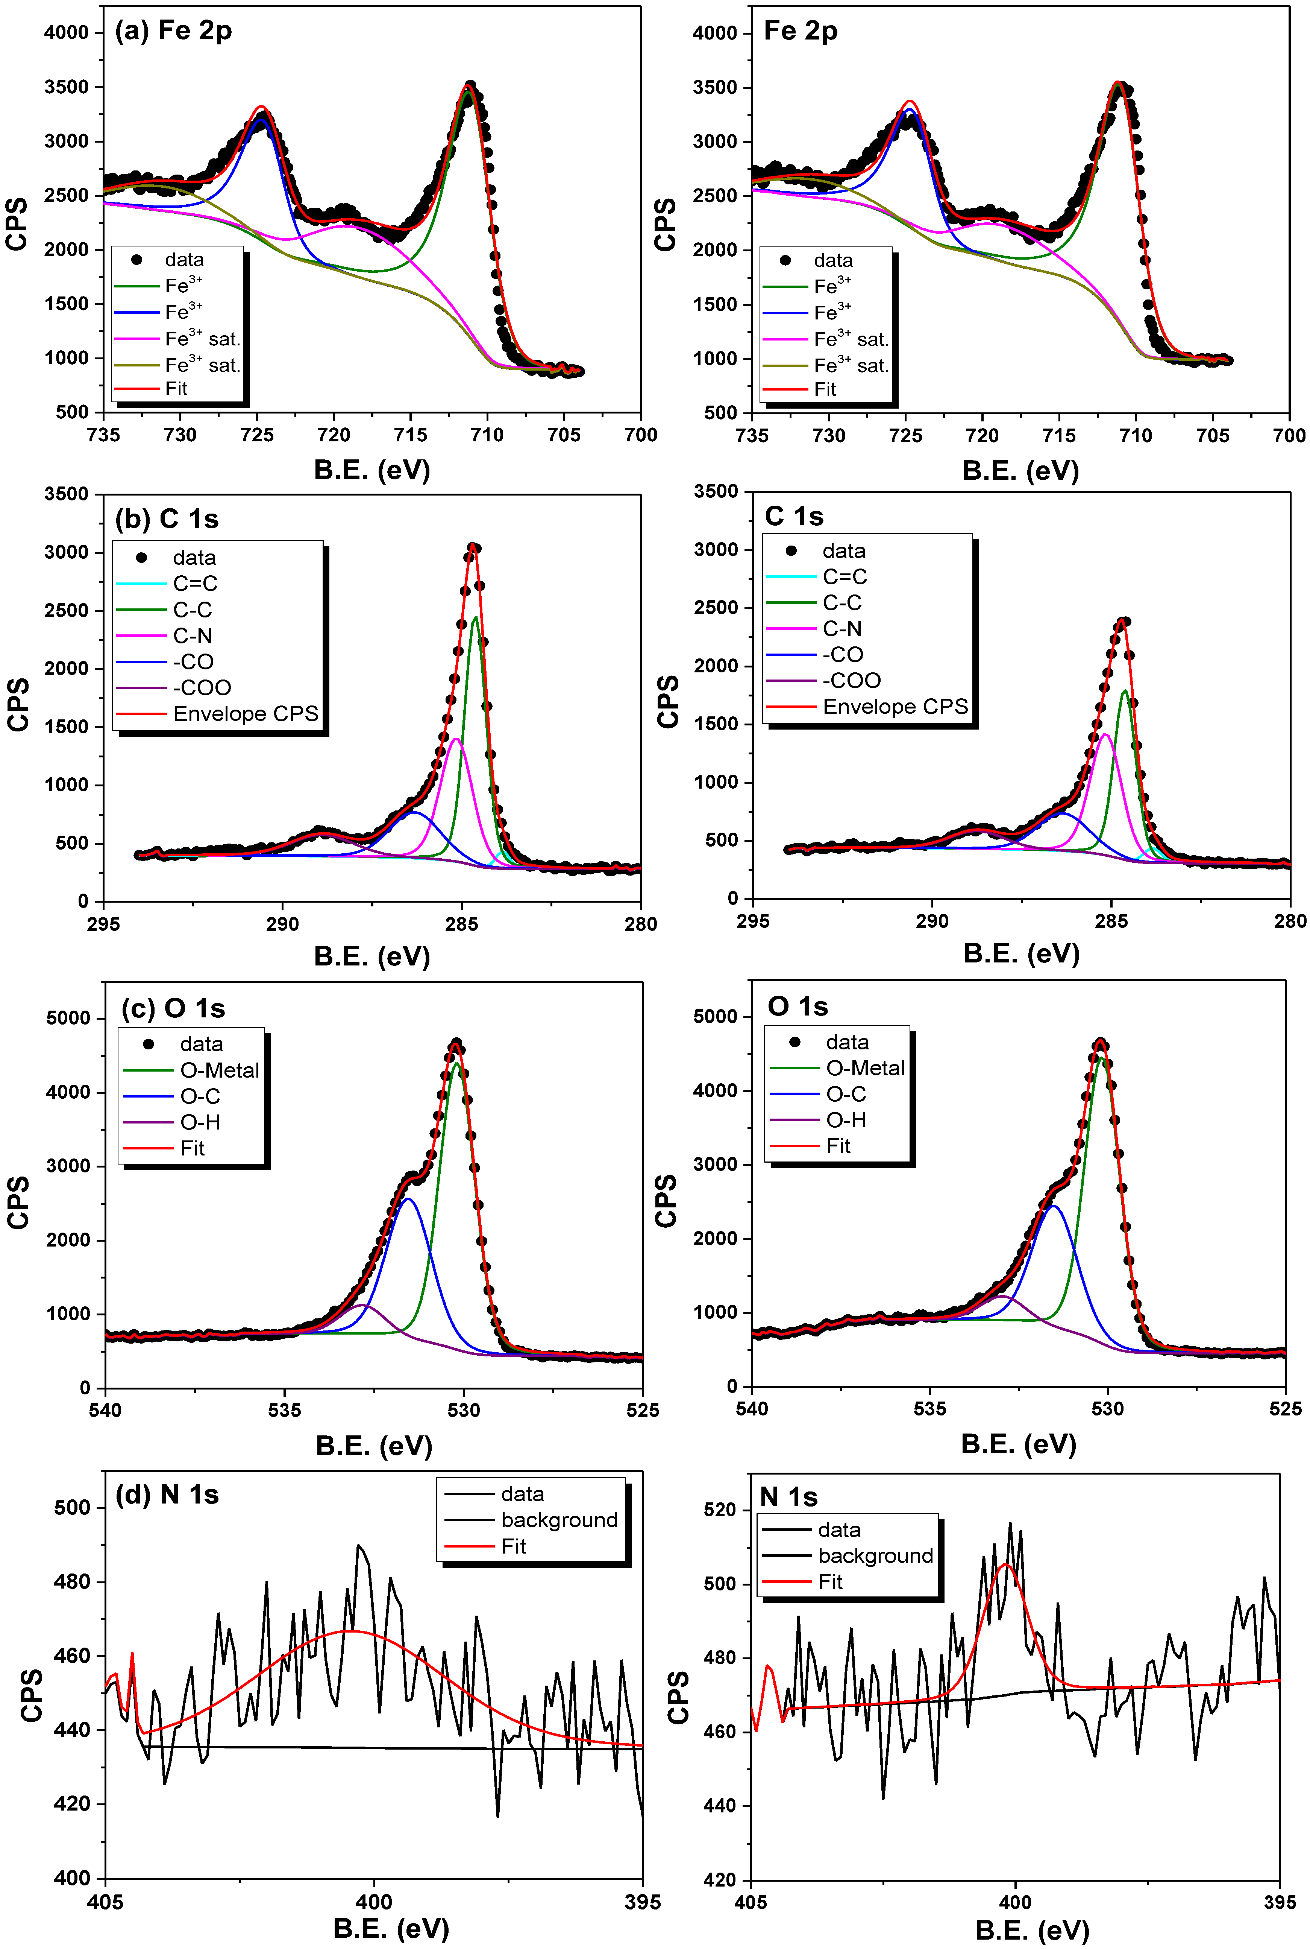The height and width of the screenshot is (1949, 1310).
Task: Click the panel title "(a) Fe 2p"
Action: tap(173, 31)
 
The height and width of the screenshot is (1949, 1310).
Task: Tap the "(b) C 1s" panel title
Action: tap(166, 519)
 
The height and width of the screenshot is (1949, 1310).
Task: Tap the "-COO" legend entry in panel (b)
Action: tap(201, 688)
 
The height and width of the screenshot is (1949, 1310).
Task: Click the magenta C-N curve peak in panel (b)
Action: tap(455, 739)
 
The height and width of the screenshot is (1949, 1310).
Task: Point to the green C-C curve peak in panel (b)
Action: tap(475, 618)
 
